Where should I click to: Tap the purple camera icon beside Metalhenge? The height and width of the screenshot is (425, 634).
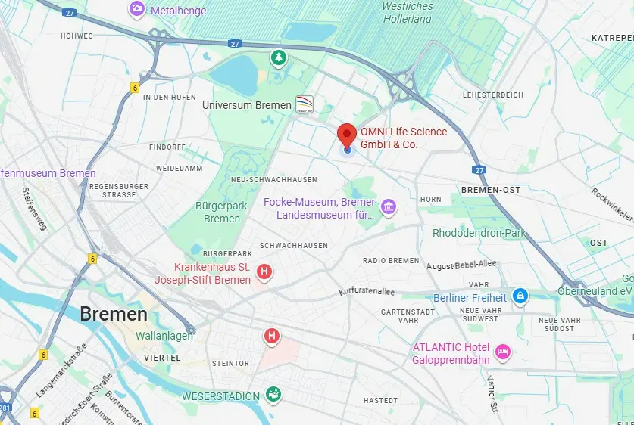136,8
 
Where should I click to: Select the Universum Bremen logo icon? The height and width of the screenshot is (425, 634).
304,104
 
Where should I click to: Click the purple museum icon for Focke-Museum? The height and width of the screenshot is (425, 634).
389,206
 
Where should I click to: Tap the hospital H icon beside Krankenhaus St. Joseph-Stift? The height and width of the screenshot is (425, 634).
264,271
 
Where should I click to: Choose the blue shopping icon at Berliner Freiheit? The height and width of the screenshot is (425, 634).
520,296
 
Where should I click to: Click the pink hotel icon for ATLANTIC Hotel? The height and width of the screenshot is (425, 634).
501,352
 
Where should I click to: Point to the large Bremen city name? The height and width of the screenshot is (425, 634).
114,314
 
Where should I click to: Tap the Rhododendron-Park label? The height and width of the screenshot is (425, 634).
479,233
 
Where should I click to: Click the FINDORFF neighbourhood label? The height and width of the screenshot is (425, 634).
167,146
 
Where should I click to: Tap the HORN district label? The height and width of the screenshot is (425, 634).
430,200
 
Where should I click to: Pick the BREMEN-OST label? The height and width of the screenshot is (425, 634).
491,190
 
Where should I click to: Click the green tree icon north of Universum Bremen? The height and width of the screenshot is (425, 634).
280,57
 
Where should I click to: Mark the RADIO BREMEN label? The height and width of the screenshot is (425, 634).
391,261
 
